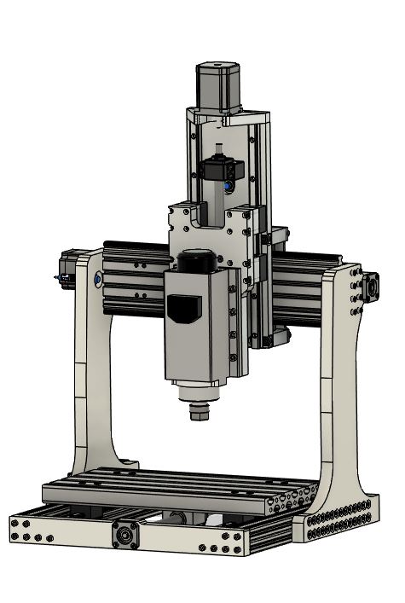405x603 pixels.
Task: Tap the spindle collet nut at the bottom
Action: tap(199, 413)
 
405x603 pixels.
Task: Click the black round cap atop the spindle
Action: tap(198, 259)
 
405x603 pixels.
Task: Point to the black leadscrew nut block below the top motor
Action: tap(221, 170)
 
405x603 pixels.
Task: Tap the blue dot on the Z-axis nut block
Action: tap(229, 182)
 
